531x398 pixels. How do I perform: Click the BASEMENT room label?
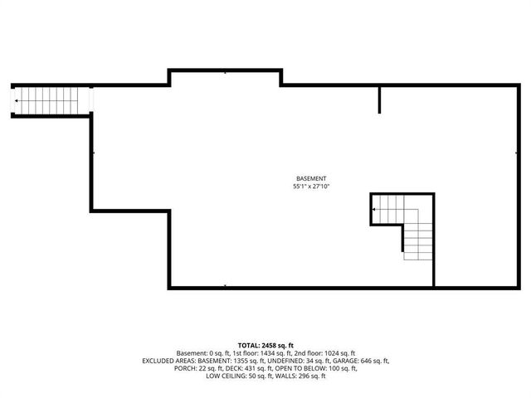[x=311, y=179]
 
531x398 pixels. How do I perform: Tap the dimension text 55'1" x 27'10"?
[x=311, y=187]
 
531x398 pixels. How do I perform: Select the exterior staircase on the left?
[x=50, y=100]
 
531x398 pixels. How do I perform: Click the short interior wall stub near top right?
[x=380, y=99]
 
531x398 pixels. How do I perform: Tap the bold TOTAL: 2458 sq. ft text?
[x=265, y=344]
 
